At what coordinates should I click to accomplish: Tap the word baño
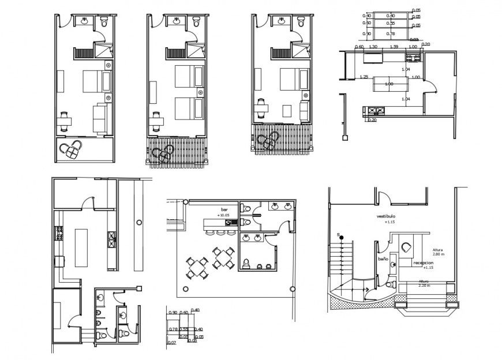(x=383, y=260)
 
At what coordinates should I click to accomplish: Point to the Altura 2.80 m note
(x=441, y=252)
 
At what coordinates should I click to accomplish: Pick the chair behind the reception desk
(x=407, y=247)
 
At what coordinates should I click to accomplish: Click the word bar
(x=224, y=209)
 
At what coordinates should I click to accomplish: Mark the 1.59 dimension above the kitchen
(x=394, y=46)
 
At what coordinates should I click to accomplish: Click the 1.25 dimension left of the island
(x=364, y=77)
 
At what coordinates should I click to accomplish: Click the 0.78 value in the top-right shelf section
(x=391, y=35)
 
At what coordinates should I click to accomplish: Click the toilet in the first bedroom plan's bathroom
(x=104, y=22)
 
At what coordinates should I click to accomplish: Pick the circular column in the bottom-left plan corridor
(x=138, y=222)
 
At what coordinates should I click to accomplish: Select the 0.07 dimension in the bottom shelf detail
(x=171, y=343)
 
